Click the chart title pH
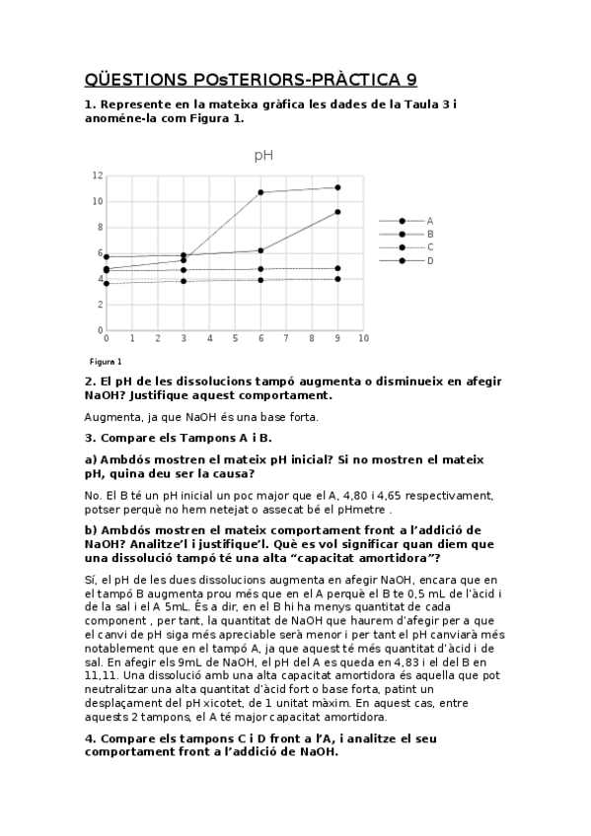pyautogui.click(x=263, y=155)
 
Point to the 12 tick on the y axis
pyautogui.click(x=97, y=175)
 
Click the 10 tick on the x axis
pyautogui.click(x=363, y=338)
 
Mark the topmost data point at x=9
pyautogui.click(x=337, y=187)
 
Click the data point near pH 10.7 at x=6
pyautogui.click(x=260, y=192)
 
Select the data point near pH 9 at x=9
pyautogui.click(x=337, y=212)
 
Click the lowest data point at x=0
pyautogui.click(x=107, y=284)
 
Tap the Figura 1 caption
pyautogui.click(x=106, y=362)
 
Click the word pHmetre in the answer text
pyautogui.click(x=363, y=511)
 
